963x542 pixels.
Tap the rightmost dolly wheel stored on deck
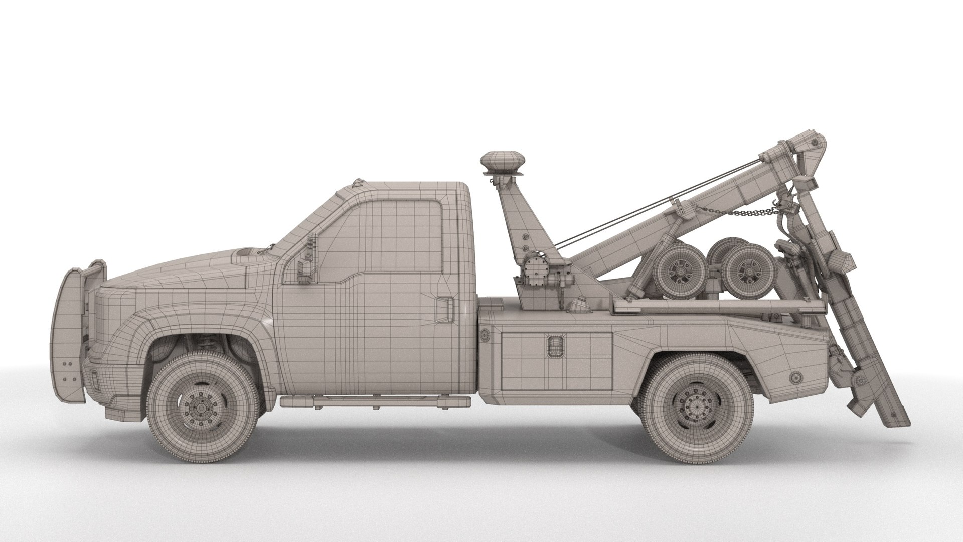click(746, 274)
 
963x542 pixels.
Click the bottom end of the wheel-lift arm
click(900, 422)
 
